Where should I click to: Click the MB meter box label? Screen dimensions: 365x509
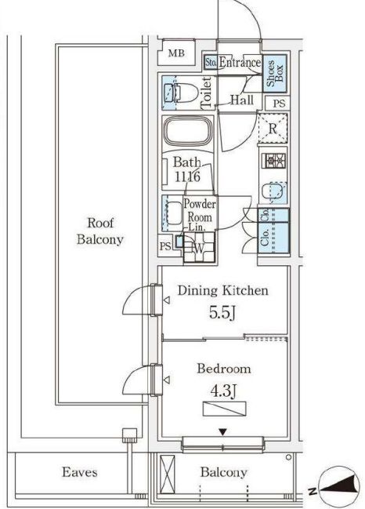click(176, 53)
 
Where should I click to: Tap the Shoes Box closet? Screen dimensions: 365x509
click(275, 74)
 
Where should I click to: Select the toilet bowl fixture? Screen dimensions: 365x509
click(182, 93)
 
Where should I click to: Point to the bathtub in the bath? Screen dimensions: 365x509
click(188, 132)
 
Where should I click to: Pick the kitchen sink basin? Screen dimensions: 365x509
click(274, 192)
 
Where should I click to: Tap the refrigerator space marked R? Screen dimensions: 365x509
click(273, 129)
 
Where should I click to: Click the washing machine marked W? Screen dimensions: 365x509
click(199, 248)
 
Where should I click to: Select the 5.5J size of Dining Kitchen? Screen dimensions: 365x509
click(222, 313)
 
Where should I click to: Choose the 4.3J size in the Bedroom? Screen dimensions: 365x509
click(222, 392)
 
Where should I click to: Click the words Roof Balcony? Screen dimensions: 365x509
click(100, 231)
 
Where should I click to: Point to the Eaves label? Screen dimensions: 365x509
click(80, 472)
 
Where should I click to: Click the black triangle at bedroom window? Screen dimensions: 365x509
click(222, 432)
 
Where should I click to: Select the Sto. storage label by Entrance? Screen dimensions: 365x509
click(211, 62)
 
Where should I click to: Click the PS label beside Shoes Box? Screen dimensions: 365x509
click(279, 104)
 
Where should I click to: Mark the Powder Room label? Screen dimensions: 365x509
click(200, 210)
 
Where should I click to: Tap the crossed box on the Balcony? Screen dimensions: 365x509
click(168, 475)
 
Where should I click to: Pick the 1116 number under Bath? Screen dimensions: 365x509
click(187, 176)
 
